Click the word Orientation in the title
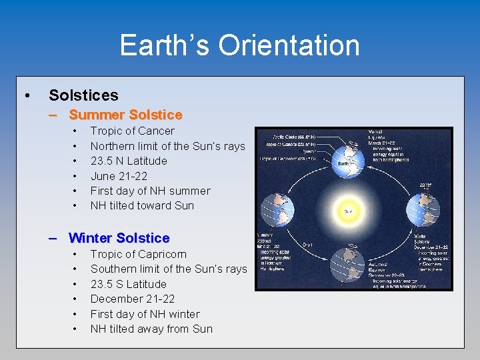[288, 45]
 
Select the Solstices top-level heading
[83, 95]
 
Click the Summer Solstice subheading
[125, 115]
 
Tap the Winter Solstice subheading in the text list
[119, 238]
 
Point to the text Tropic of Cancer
[132, 131]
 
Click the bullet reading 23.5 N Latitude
[129, 161]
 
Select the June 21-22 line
[118, 176]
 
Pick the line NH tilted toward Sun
[142, 205]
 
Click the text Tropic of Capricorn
[138, 254]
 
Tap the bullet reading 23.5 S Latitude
[128, 284]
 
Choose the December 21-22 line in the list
[132, 299]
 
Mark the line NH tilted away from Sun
[151, 329]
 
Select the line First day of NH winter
[145, 314]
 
